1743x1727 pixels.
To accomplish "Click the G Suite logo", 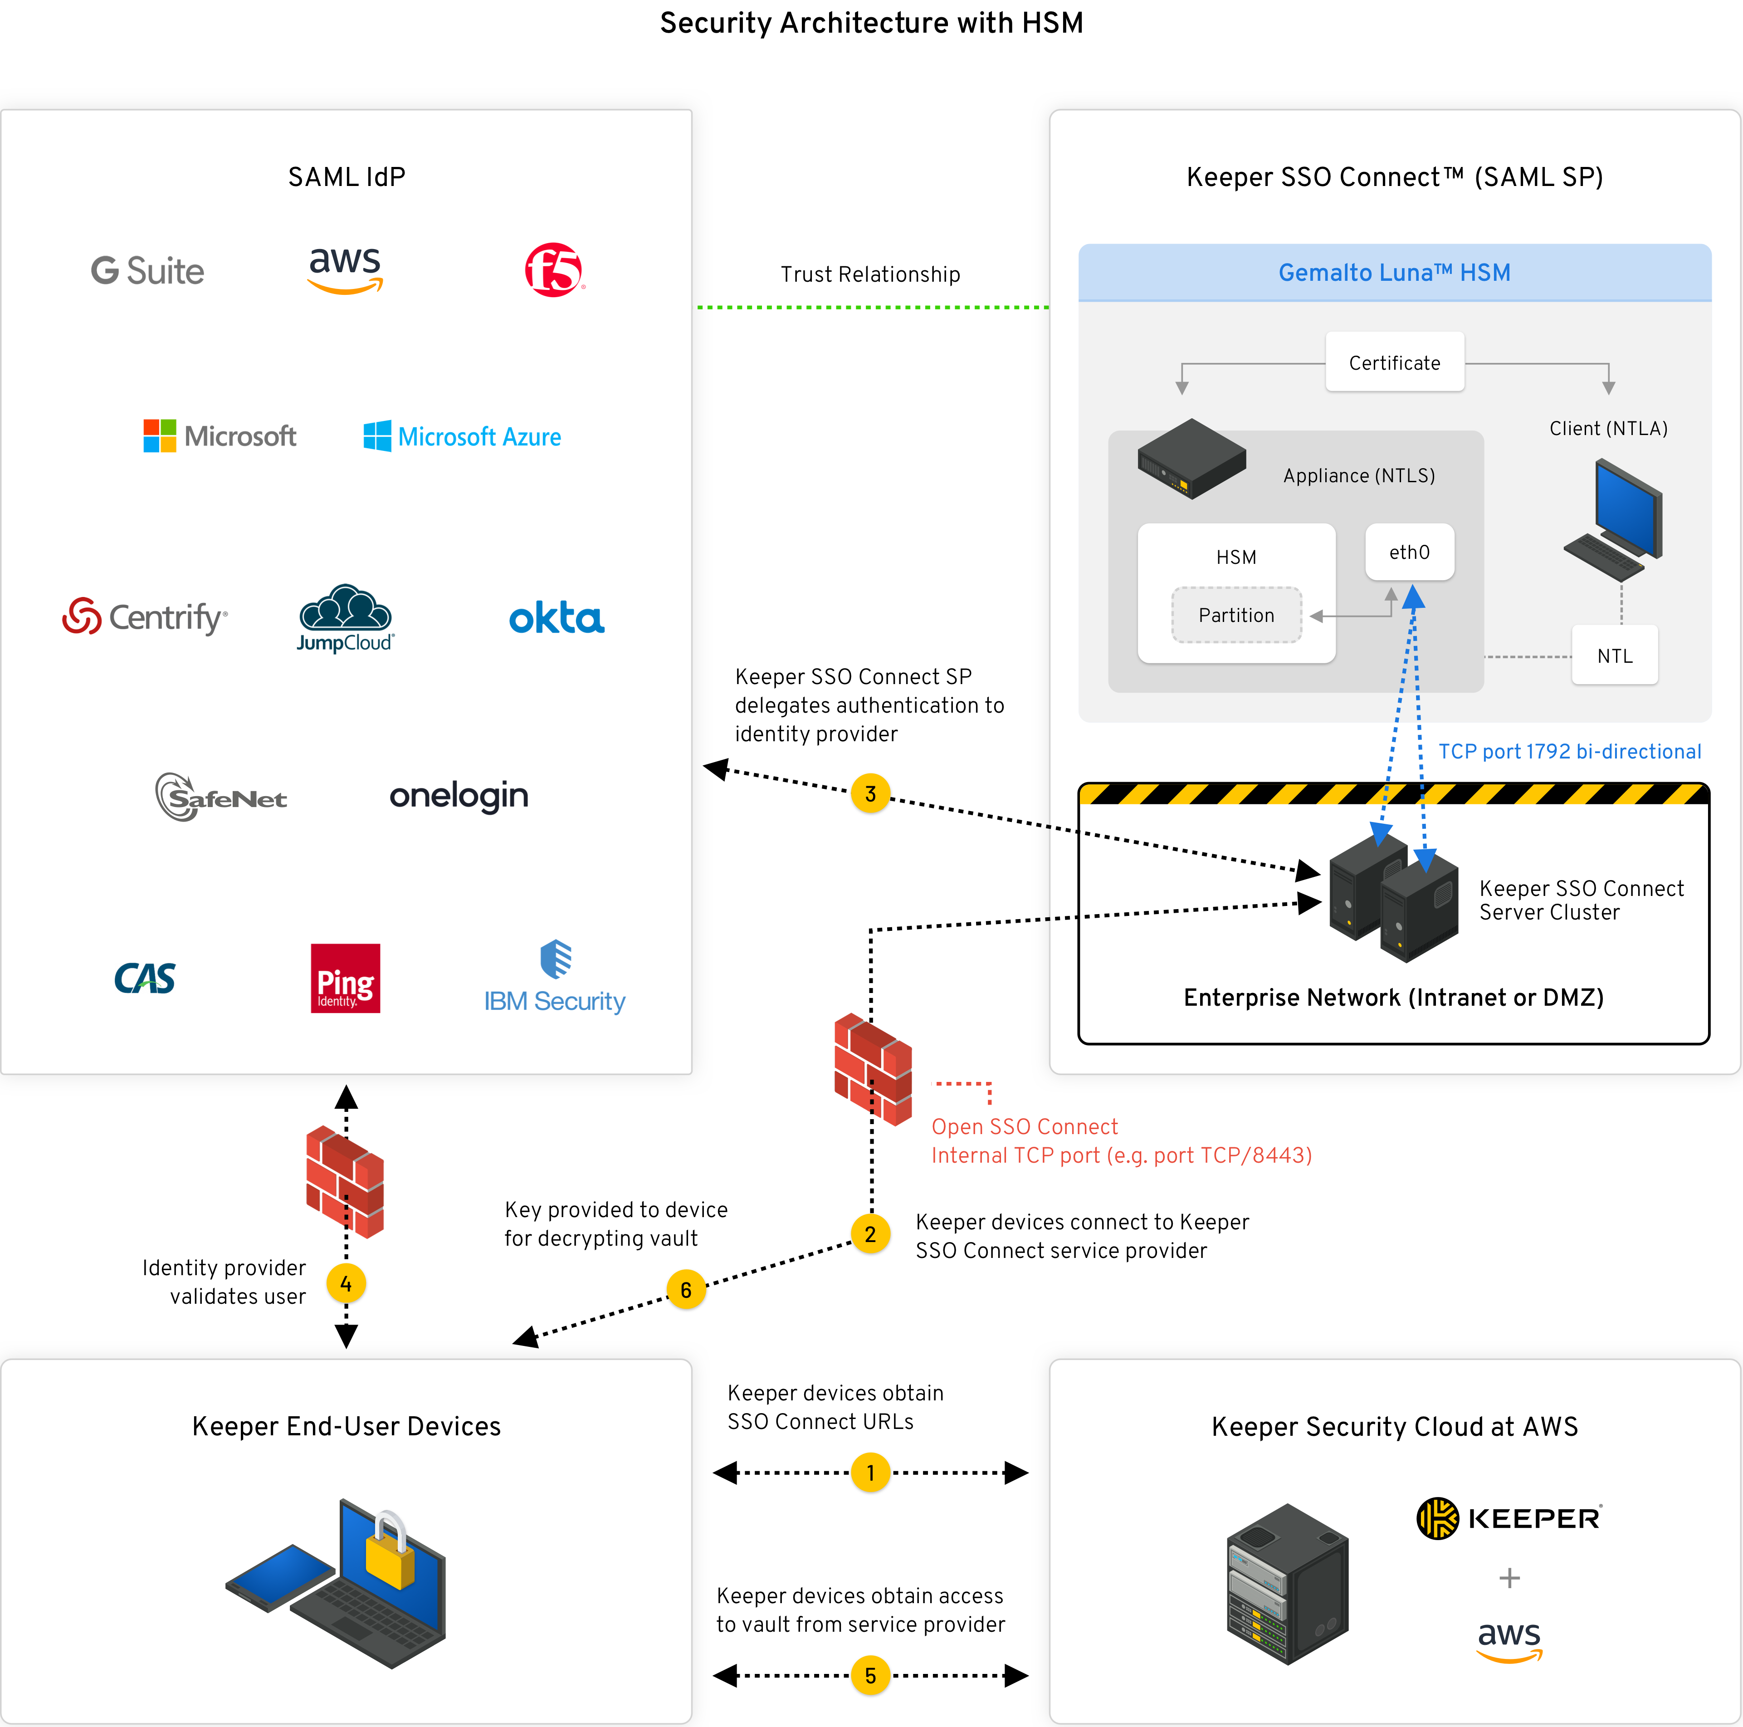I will (148, 271).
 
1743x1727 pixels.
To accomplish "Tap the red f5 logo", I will (554, 270).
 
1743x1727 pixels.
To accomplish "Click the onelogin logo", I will (458, 796).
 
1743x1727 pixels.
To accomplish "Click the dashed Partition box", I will (1236, 616).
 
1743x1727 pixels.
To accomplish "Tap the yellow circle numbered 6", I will (686, 1289).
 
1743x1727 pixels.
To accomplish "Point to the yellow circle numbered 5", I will (870, 1676).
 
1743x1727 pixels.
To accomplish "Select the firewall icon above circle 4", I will (346, 1182).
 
